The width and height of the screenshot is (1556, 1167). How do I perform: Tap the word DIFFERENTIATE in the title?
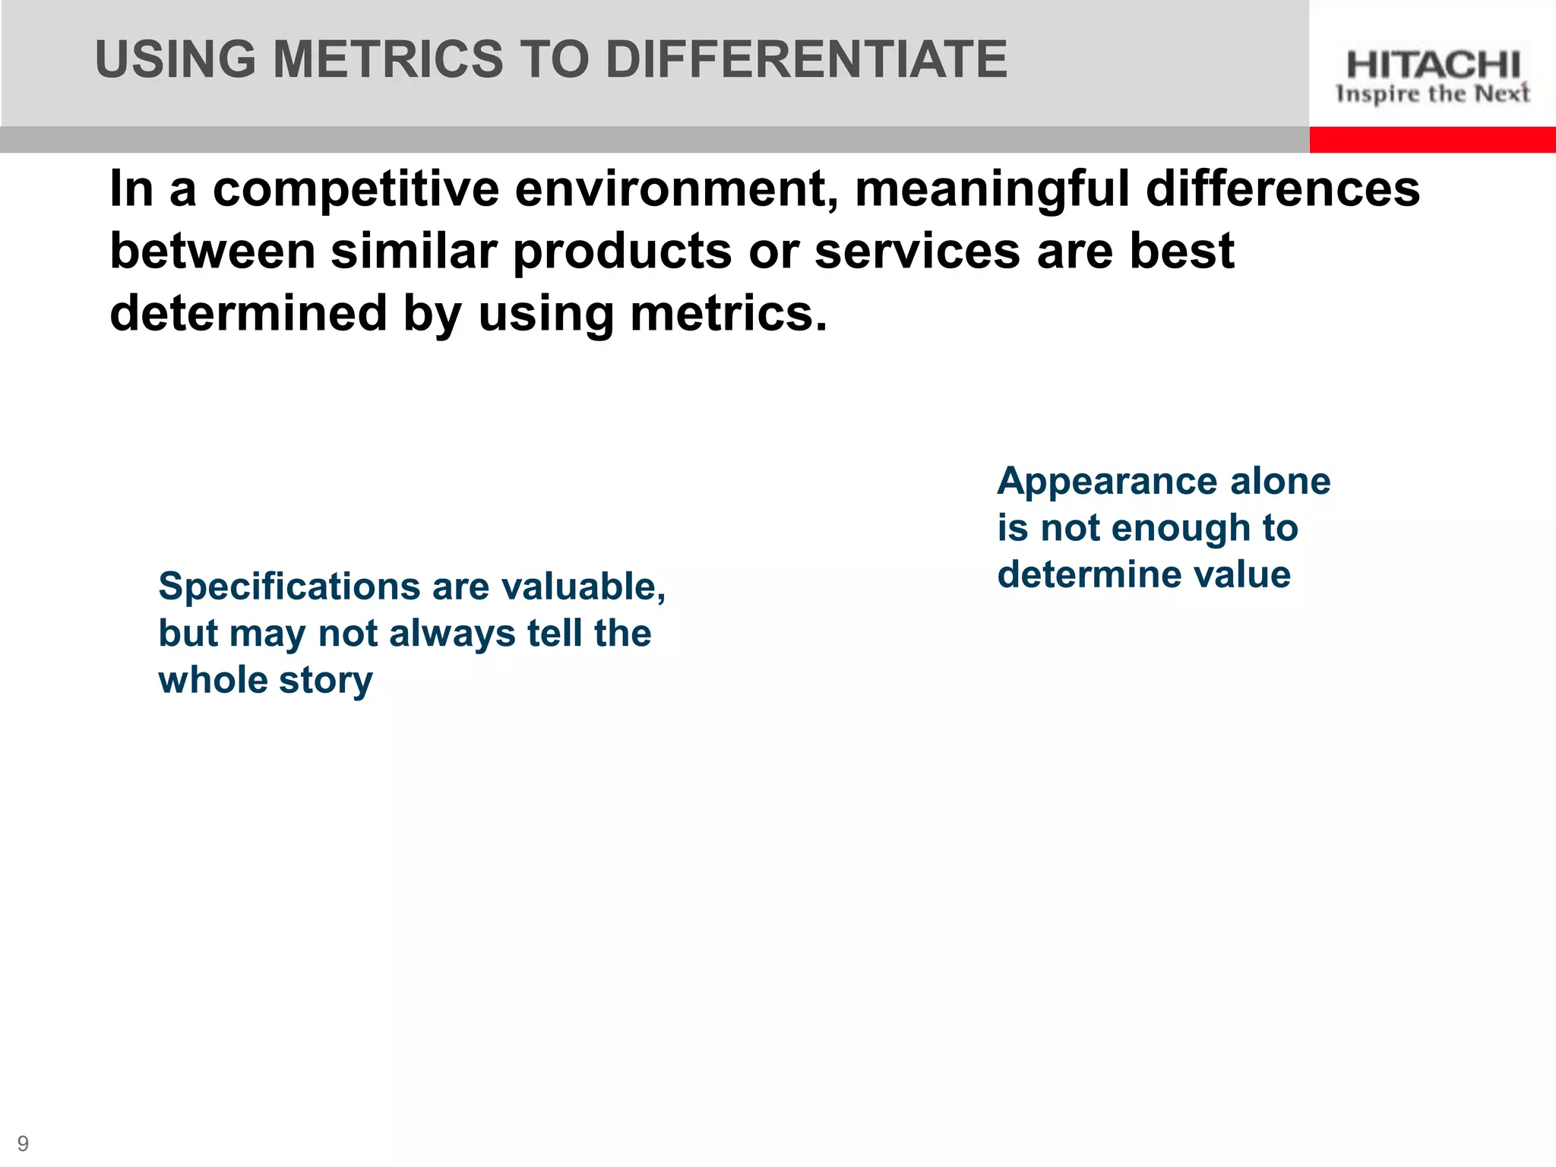pos(806,59)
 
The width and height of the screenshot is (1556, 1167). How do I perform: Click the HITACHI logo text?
pos(1433,65)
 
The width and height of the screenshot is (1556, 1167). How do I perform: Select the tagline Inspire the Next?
pos(1433,94)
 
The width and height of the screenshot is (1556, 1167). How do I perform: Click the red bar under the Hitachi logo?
pos(1432,140)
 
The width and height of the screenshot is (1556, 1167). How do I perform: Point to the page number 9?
pos(23,1143)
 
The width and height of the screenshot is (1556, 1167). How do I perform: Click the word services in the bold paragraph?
pos(917,251)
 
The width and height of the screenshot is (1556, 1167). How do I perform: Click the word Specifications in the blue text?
pos(289,587)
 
